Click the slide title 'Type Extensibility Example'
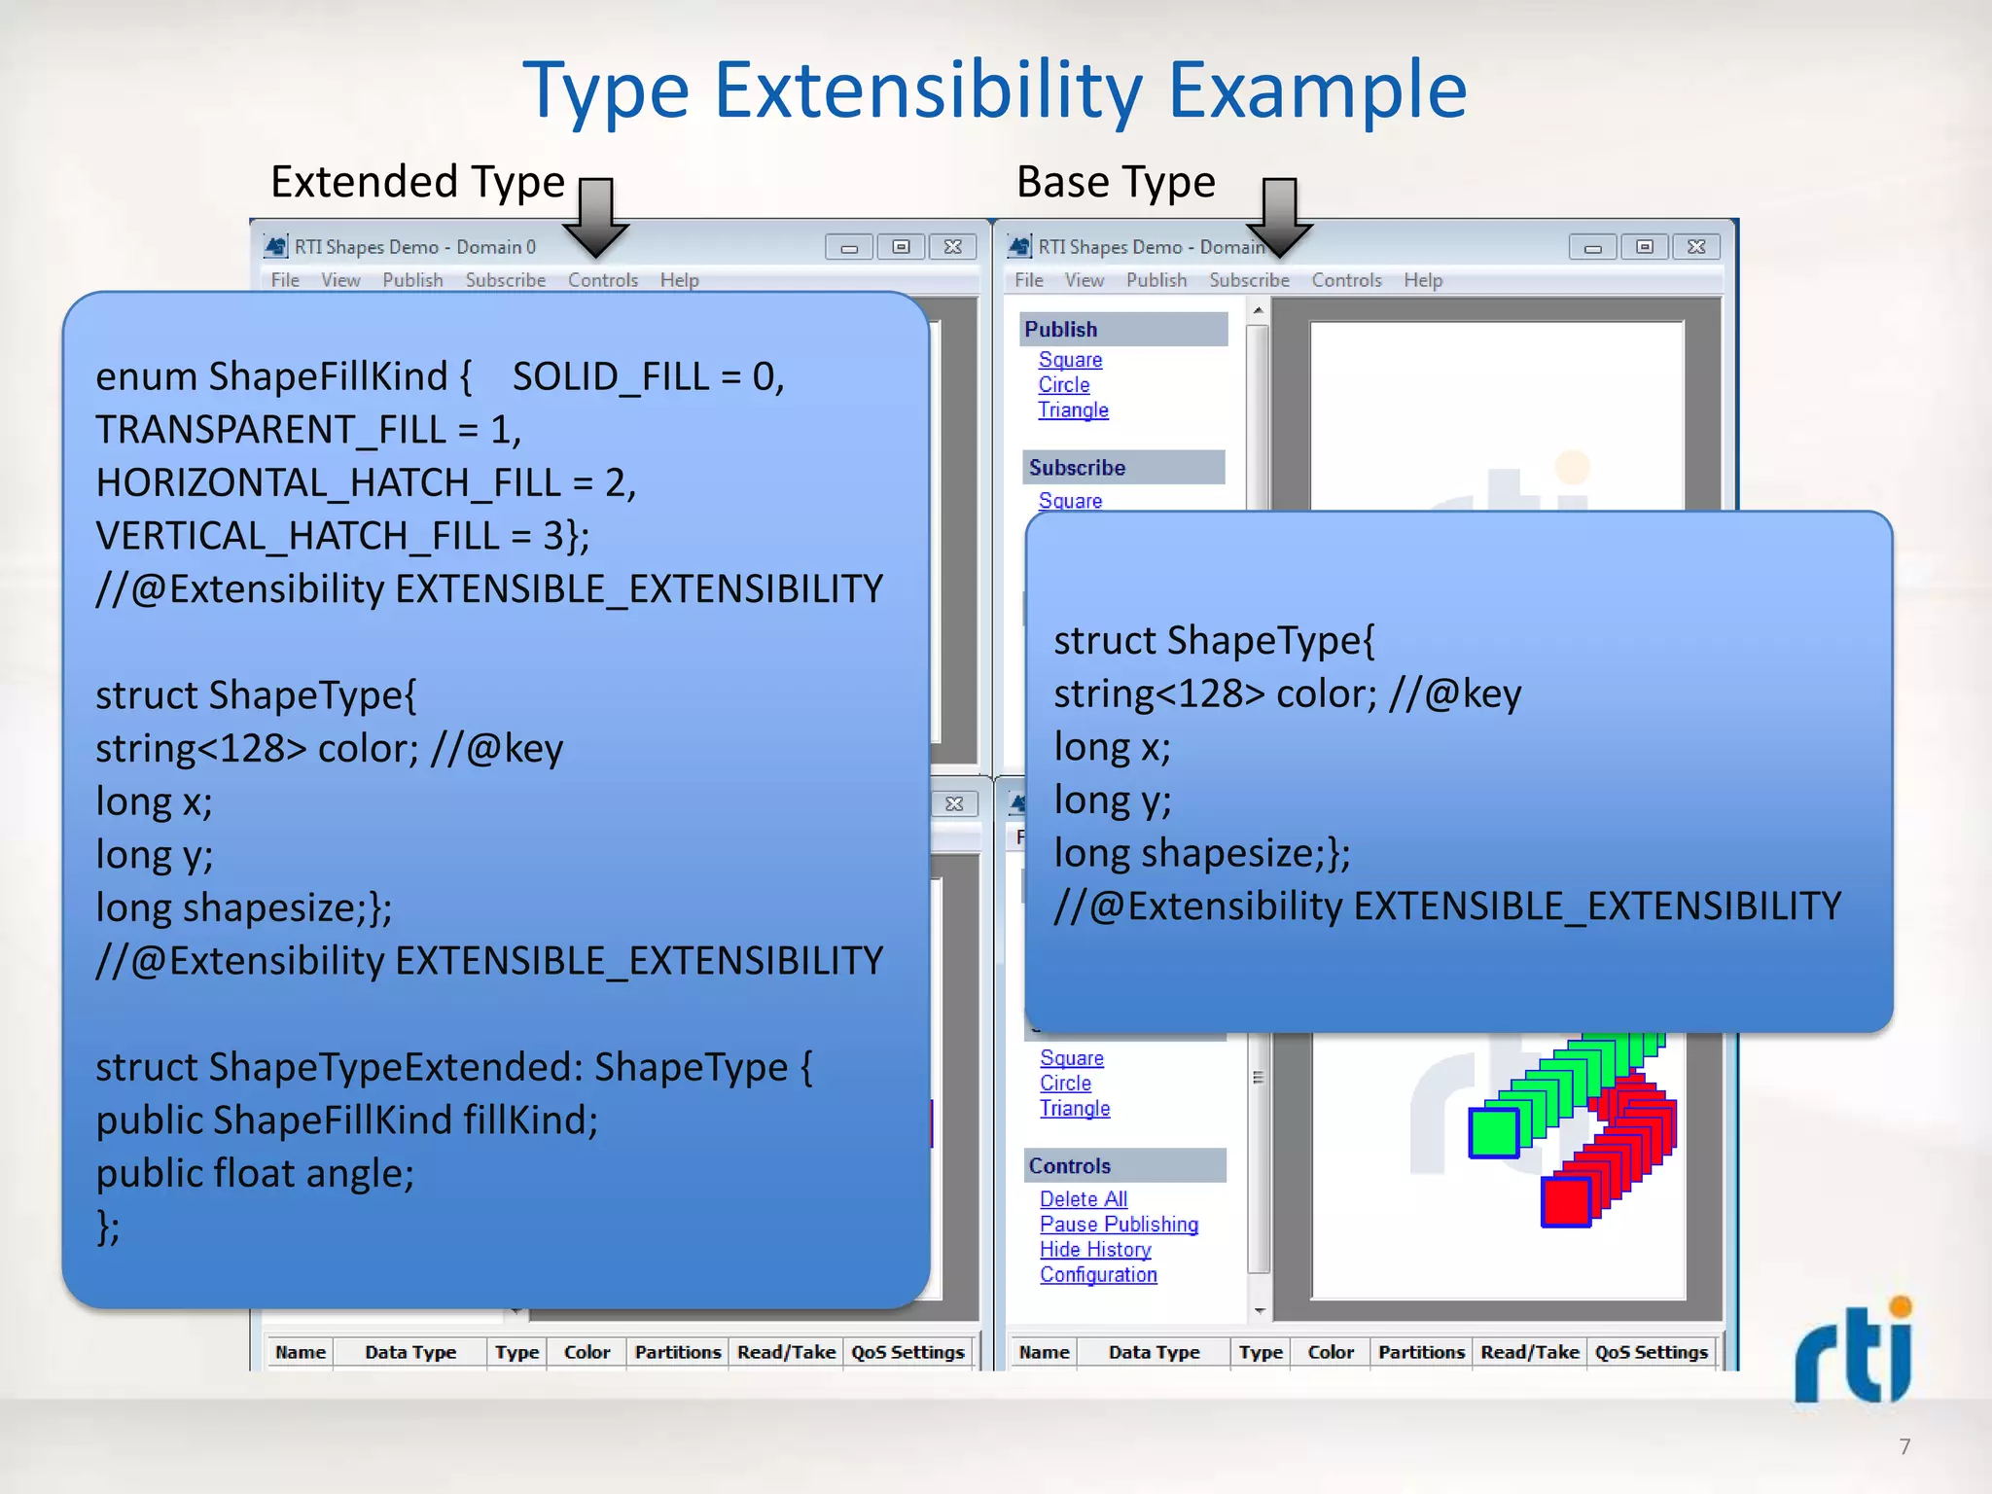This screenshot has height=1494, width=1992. (x=994, y=89)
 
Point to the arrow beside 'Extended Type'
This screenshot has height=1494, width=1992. (x=595, y=216)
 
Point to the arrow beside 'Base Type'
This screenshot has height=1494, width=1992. (x=1279, y=216)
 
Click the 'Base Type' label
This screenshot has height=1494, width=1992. (x=1116, y=182)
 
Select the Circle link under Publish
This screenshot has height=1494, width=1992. (x=1063, y=385)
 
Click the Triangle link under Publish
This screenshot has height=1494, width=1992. (x=1072, y=410)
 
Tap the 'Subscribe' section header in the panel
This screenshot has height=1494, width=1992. (x=1077, y=468)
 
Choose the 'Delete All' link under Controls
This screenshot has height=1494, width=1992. (x=1083, y=1199)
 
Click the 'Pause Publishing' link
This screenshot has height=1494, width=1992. (x=1118, y=1225)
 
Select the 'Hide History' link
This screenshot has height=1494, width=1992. (x=1094, y=1250)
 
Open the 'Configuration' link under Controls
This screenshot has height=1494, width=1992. (x=1097, y=1275)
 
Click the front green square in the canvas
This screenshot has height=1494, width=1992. (x=1494, y=1133)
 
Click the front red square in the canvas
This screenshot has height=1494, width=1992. (x=1566, y=1201)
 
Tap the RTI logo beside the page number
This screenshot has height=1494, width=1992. (x=1854, y=1352)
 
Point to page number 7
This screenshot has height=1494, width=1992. (x=1904, y=1446)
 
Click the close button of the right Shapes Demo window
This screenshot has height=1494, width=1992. (x=1696, y=247)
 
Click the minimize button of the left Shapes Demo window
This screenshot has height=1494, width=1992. (x=848, y=247)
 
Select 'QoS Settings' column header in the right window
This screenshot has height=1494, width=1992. (x=1651, y=1352)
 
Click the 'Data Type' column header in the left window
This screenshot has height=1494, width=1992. (x=409, y=1352)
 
